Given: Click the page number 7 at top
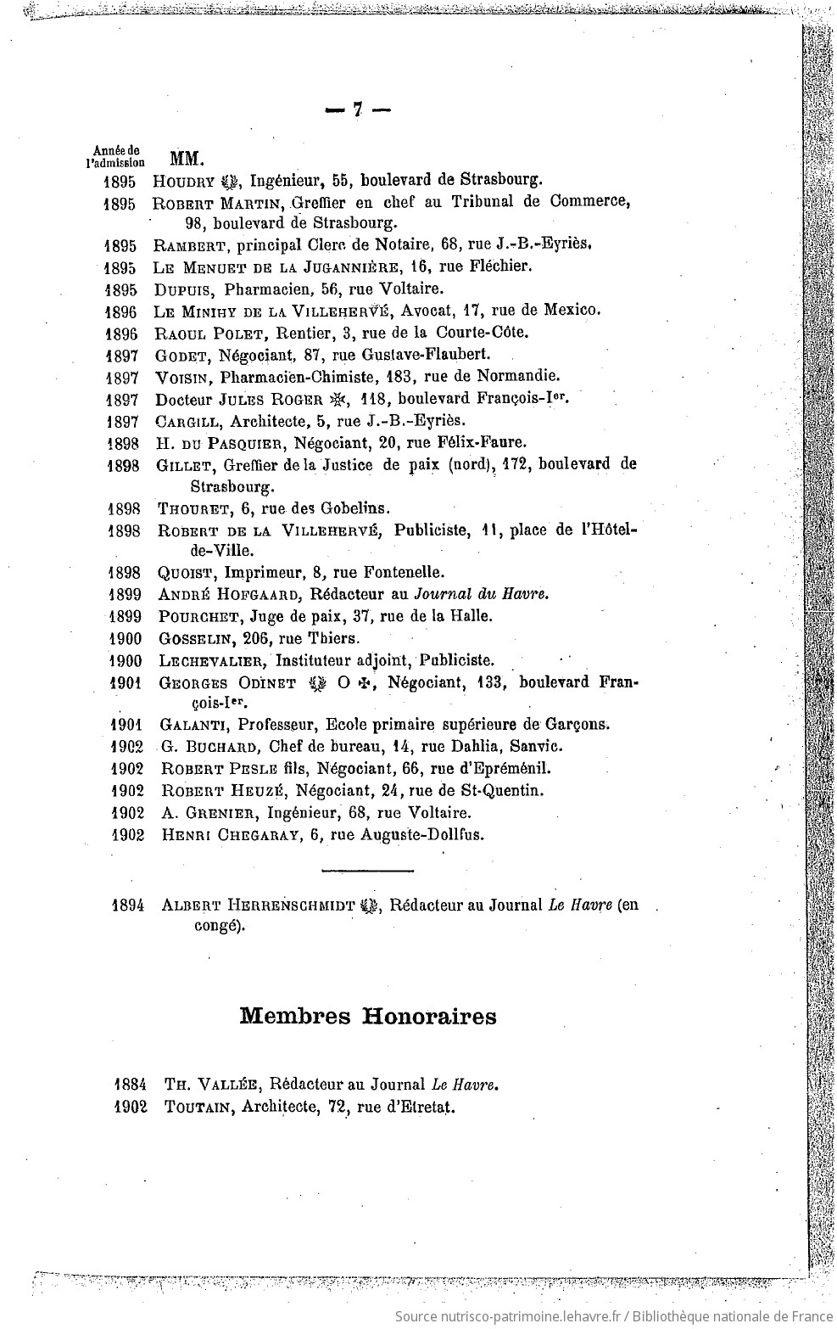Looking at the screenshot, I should pyautogui.click(x=358, y=109).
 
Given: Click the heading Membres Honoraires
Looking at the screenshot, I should pyautogui.click(x=368, y=1016).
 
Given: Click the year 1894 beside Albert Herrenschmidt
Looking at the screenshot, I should pyautogui.click(x=131, y=906).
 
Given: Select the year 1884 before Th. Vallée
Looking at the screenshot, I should pyautogui.click(x=131, y=1084).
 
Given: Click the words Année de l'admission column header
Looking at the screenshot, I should pyautogui.click(x=115, y=154).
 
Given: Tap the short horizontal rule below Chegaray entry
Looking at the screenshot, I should pyautogui.click(x=367, y=870).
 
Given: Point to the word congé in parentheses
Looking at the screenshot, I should pyautogui.click(x=218, y=927).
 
